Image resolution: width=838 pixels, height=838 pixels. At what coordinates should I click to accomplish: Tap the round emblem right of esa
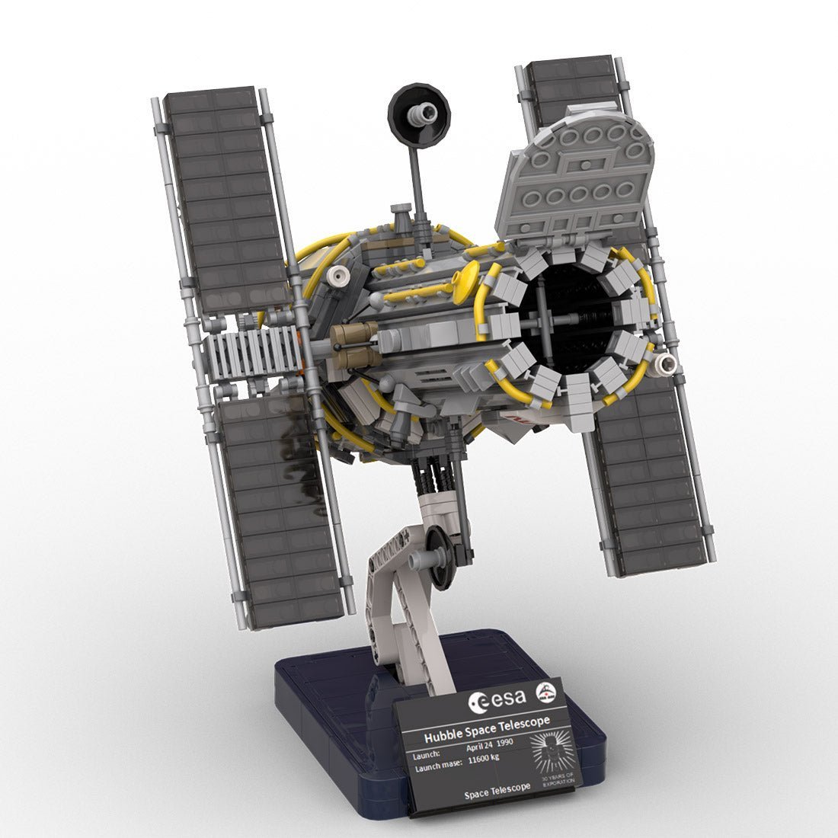pyautogui.click(x=546, y=692)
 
